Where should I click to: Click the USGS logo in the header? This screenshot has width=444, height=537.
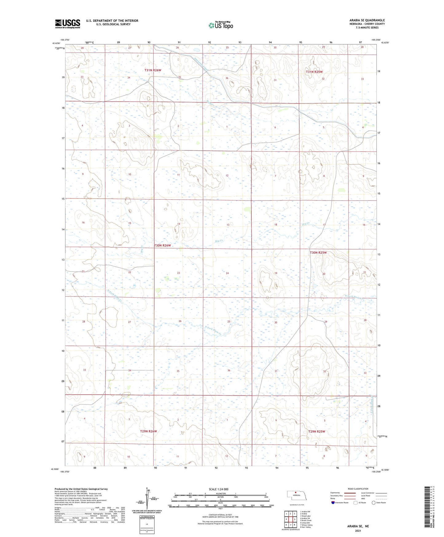68,24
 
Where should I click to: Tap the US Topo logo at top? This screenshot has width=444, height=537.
220,25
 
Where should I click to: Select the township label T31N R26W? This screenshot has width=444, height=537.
153,70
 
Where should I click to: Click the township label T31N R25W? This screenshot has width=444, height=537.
314,72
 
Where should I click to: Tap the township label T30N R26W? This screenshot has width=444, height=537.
162,245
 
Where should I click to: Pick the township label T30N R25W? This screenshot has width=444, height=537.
318,253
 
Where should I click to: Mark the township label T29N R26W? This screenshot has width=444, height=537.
148,431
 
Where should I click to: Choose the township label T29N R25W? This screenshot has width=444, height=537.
316,432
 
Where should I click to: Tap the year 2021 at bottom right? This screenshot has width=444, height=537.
358,531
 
